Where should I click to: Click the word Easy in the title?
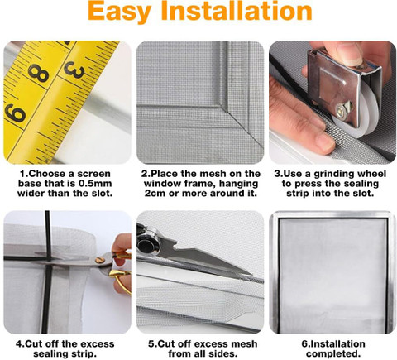(119, 12)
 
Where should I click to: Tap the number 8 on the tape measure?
(39, 73)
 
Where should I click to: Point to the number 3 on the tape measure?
(74, 70)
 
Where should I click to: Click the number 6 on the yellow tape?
(16, 113)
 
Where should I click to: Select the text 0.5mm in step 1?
(95, 184)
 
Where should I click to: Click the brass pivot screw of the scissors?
(99, 260)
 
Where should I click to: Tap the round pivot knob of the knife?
(147, 244)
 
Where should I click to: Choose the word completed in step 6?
(333, 353)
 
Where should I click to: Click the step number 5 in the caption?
(151, 344)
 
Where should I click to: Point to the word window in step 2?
(160, 184)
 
